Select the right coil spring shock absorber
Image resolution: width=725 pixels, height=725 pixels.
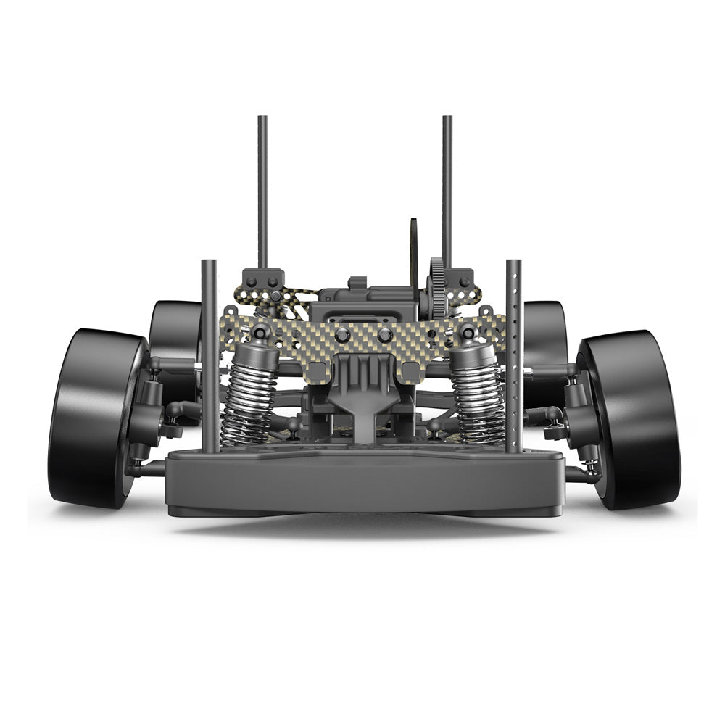tap(477, 395)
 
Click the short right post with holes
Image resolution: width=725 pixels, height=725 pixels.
tap(514, 355)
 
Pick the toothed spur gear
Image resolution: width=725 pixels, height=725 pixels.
tap(436, 286)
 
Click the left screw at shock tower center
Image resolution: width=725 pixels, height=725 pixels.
tap(342, 335)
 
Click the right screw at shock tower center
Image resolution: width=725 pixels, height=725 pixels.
tap(385, 335)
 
